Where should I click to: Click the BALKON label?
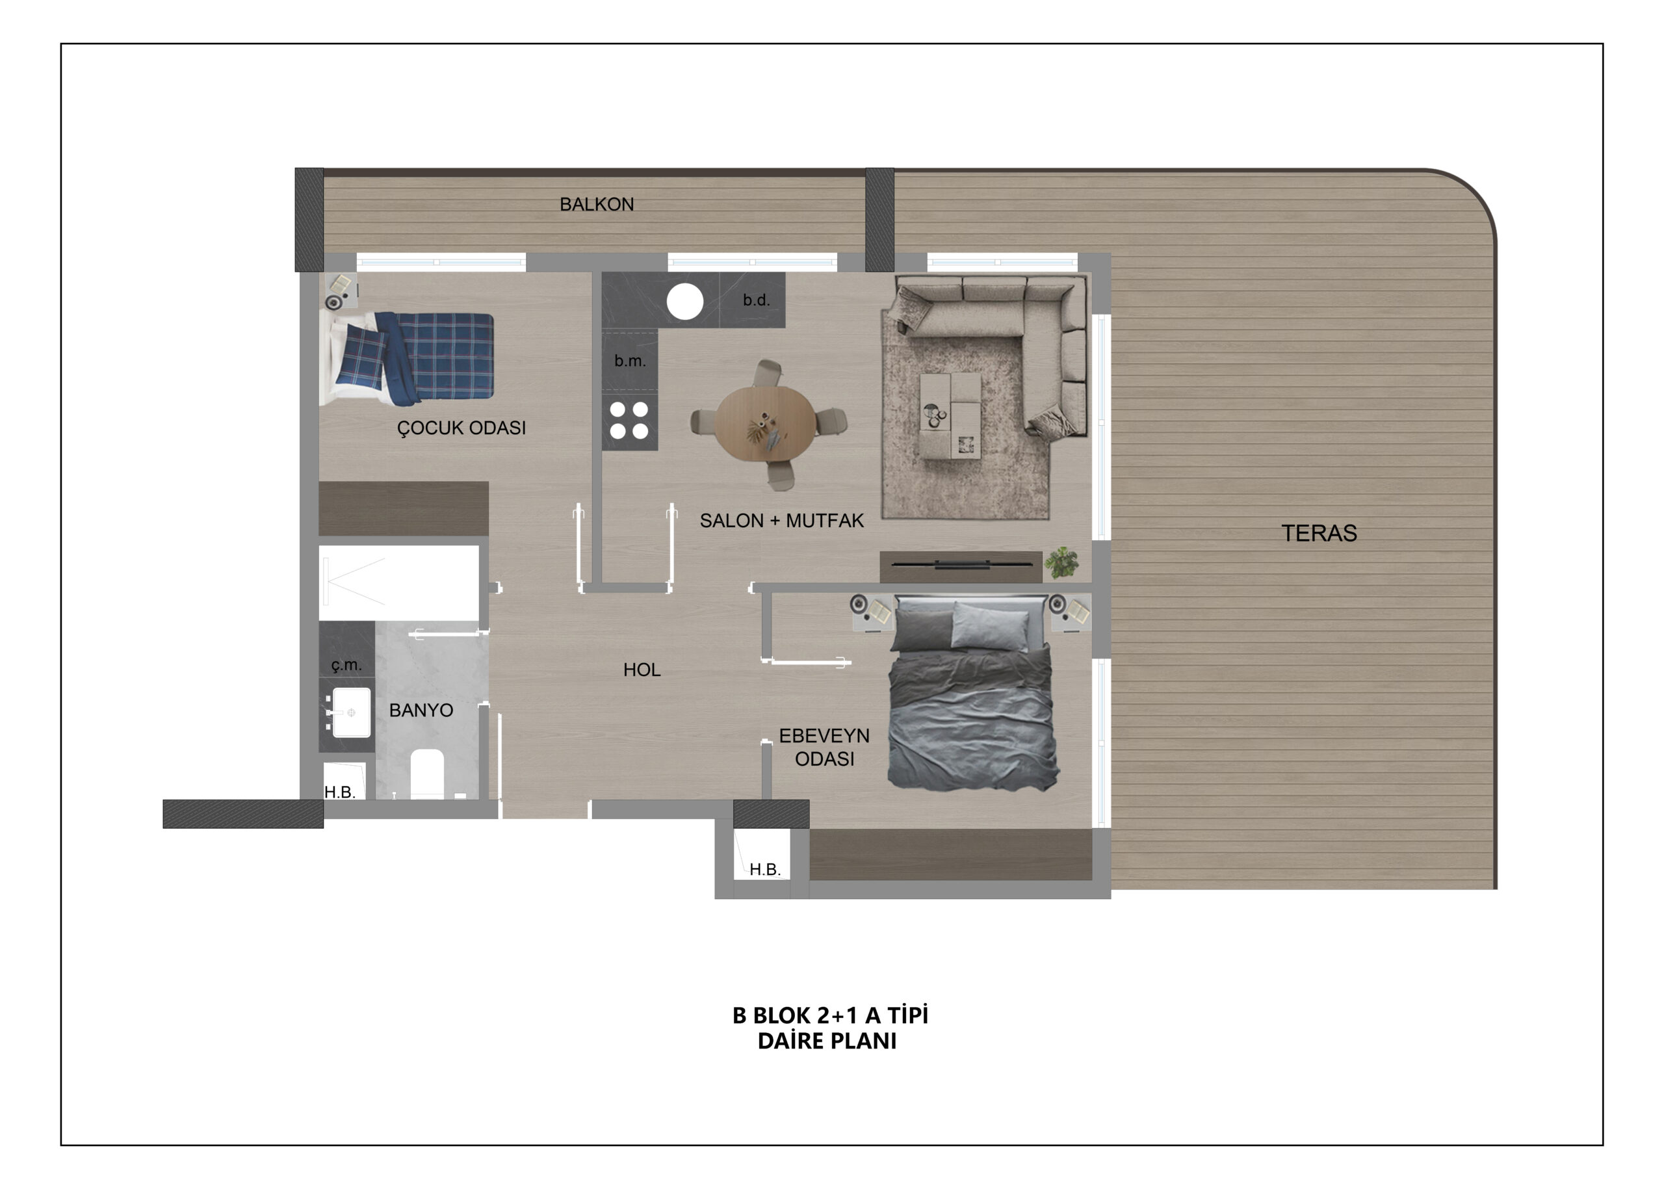click(x=597, y=204)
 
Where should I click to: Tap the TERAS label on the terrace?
click(x=1318, y=533)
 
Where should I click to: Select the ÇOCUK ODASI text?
click(x=461, y=428)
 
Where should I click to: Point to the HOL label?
click(x=642, y=669)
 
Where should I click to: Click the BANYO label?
click(x=421, y=710)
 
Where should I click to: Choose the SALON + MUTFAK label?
click(x=781, y=521)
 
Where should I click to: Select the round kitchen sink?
click(x=684, y=301)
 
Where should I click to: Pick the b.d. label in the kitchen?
click(x=756, y=300)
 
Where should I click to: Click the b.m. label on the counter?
click(x=630, y=361)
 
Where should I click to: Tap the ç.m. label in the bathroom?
click(x=346, y=665)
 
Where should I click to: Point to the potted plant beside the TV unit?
click(x=1062, y=562)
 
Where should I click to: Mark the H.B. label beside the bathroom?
click(x=340, y=792)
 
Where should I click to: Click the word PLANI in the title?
click(x=864, y=1041)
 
